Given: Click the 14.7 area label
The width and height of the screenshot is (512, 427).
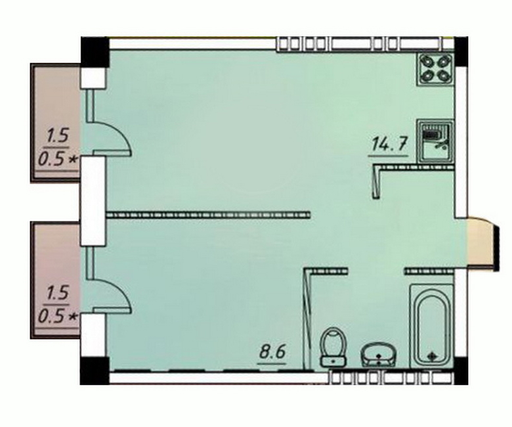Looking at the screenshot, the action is (x=389, y=145).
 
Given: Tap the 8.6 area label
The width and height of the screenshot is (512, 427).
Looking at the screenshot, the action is (x=272, y=353).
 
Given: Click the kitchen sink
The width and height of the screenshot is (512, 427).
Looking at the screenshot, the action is (x=435, y=141).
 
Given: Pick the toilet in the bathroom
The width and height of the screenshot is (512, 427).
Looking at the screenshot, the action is (x=333, y=346).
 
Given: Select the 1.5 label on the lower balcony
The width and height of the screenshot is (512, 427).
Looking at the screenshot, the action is (x=58, y=293).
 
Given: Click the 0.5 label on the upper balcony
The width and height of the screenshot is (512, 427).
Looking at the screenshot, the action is (x=50, y=160).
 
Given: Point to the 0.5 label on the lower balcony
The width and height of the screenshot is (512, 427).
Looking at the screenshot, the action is (x=50, y=317).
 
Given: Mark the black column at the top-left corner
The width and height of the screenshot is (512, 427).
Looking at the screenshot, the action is (x=95, y=53).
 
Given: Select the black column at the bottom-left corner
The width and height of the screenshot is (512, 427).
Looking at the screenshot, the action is (x=95, y=371).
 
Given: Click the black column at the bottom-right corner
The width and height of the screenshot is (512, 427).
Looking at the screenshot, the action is (x=461, y=371).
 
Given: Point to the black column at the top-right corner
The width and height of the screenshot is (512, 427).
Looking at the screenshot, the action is (x=461, y=52).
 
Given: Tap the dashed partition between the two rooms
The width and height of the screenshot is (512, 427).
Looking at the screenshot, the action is (x=208, y=215).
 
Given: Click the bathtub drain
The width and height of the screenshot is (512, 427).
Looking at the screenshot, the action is (x=431, y=355).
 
